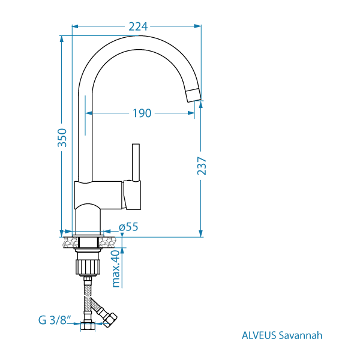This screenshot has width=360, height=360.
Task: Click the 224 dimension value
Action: pyautogui.click(x=138, y=26)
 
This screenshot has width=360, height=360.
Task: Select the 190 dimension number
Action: pyautogui.click(x=142, y=113)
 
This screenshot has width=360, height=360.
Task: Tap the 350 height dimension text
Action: pyautogui.click(x=62, y=138)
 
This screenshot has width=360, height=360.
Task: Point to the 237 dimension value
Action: pyautogui.click(x=202, y=166)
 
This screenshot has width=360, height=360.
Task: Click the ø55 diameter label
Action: pyautogui.click(x=128, y=227)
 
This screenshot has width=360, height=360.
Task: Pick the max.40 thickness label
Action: pyautogui.click(x=116, y=269)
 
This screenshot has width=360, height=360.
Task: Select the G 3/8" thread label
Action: pyautogui.click(x=55, y=320)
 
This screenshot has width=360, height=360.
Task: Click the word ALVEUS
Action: pyautogui.click(x=259, y=335)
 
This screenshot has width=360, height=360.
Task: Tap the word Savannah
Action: pyautogui.click(x=301, y=335)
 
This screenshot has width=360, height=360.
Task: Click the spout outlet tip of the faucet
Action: pyautogui.click(x=193, y=95)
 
